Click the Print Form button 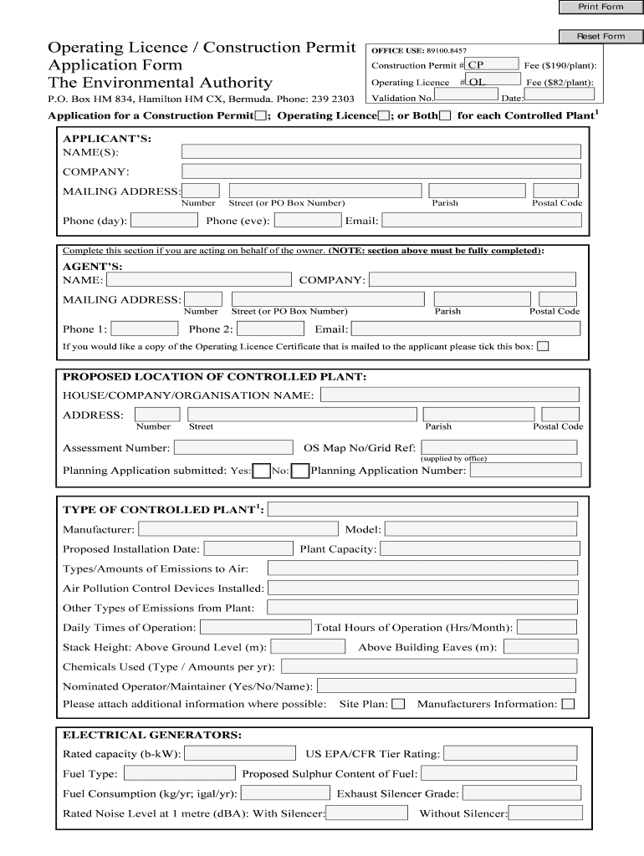point(601,8)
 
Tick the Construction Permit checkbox point(261,115)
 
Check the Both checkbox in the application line point(444,115)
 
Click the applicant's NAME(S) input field point(381,151)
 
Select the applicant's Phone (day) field point(165,221)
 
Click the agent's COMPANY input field point(473,279)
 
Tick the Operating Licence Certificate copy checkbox point(543,346)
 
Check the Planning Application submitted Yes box point(261,471)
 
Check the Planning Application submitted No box point(299,471)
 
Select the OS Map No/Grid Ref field point(498,447)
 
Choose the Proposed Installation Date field point(248,548)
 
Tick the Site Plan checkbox point(398,704)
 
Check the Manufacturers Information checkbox point(568,704)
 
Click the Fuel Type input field point(179,773)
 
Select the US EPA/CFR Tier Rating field point(510,753)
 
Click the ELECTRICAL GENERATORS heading point(152,735)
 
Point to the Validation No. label point(398,99)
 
